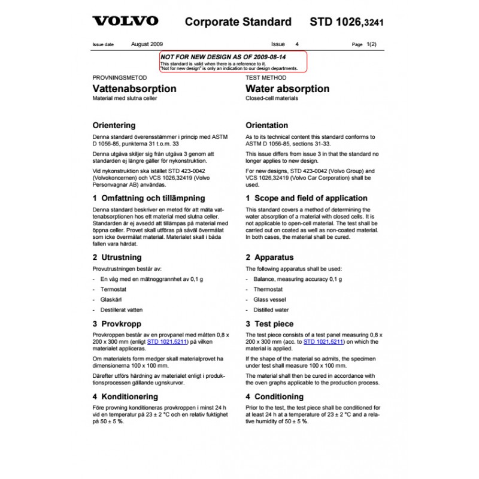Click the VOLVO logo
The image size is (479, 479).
click(125, 22)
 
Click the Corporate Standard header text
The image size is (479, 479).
click(238, 22)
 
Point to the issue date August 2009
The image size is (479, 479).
click(147, 44)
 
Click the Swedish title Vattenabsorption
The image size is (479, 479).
click(135, 89)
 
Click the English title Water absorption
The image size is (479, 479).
click(287, 89)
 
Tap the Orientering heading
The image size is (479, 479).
click(114, 126)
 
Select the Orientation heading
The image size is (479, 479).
click(267, 126)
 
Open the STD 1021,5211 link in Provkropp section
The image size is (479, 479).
click(168, 342)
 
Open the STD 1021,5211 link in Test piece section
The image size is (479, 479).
click(323, 342)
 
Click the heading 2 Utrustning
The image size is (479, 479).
click(117, 257)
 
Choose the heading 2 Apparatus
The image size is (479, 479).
click(269, 257)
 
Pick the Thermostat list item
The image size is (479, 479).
click(268, 289)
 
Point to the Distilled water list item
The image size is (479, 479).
click(271, 310)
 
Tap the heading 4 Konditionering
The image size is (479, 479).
click(125, 396)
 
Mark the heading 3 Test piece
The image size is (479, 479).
click(271, 323)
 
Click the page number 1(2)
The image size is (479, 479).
click(371, 44)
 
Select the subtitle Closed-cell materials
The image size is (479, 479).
click(272, 98)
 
